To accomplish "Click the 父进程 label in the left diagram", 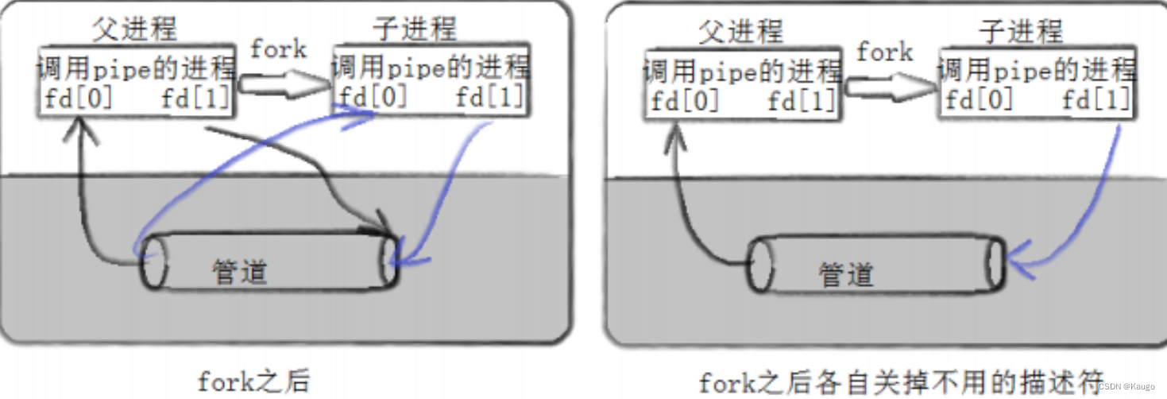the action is coord(134,30).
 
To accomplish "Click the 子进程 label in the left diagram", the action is coord(415,30).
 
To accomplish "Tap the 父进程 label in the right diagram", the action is coord(740,32).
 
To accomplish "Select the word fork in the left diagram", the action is coord(278,49).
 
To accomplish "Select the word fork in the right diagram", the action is coord(884,52).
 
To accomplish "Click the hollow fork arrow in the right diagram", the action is coord(891,85).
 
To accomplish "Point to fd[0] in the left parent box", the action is coord(79,99).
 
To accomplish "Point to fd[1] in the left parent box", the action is coord(195,99).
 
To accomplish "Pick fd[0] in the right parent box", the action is coord(685,101).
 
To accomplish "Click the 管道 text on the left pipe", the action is coord(239,272).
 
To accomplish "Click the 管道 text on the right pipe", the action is coord(846,275).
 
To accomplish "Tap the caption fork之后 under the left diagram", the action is coord(253,382).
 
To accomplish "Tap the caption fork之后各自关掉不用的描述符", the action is coord(892,382).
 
